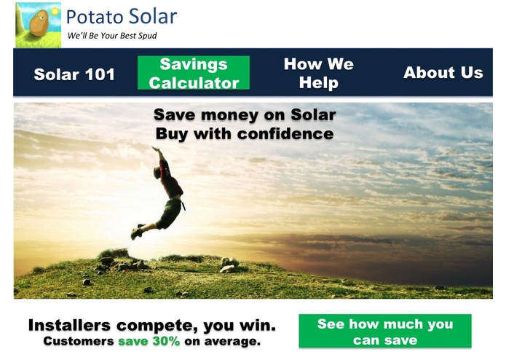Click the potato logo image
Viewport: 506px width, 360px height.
point(38,26)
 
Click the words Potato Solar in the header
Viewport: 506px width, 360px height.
point(121,16)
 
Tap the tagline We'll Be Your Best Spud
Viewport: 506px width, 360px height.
point(111,35)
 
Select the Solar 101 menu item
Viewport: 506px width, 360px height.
point(74,74)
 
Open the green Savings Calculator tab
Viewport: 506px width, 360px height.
point(194,73)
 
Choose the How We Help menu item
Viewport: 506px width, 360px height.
point(318,73)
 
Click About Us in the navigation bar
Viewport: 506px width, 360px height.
point(443,72)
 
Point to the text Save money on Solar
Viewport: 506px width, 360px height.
point(245,115)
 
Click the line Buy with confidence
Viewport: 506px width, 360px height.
point(245,134)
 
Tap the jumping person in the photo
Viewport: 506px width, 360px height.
point(166,193)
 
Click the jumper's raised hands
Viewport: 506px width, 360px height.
point(156,150)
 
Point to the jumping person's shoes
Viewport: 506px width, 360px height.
point(136,232)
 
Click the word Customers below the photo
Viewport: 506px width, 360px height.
point(79,340)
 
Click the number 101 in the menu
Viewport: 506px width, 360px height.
point(99,74)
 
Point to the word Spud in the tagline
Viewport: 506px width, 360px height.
point(148,35)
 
